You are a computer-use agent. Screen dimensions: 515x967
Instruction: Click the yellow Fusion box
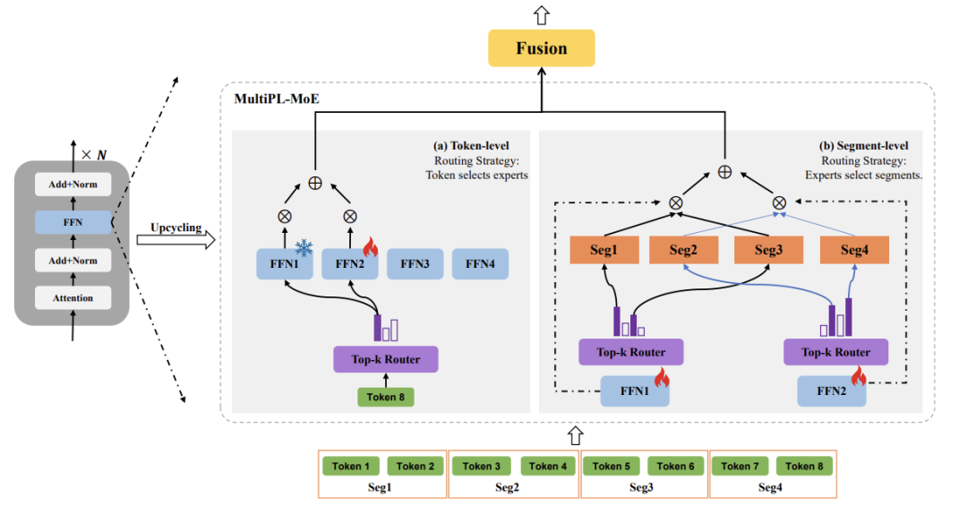(541, 47)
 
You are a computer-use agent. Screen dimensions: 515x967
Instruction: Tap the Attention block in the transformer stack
(73, 297)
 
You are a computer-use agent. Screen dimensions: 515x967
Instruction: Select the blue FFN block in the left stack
(73, 222)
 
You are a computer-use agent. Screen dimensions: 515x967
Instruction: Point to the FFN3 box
(413, 264)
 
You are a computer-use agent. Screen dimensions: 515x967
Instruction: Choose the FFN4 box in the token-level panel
(480, 264)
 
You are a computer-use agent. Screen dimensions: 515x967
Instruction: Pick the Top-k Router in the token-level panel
(387, 359)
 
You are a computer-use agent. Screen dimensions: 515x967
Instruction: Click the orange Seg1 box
(603, 250)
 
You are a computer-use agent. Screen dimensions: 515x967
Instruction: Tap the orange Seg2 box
(686, 250)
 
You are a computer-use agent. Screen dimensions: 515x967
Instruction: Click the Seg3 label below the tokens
(641, 487)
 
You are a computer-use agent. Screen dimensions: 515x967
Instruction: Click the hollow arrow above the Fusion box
(541, 14)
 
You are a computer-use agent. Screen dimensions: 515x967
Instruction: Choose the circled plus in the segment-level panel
(725, 169)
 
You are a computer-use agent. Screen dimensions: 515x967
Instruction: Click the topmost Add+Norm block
(73, 185)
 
